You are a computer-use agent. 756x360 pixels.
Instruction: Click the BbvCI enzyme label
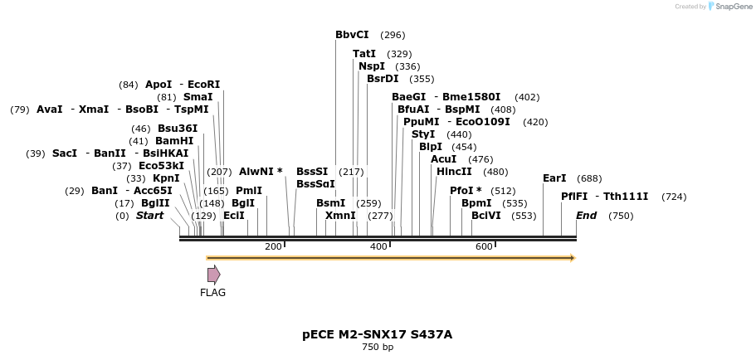pos(352,35)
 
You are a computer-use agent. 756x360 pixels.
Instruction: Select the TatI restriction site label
pos(364,54)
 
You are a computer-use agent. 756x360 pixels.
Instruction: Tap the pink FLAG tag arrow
pos(213,275)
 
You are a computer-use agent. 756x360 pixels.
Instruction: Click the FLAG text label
pos(212,293)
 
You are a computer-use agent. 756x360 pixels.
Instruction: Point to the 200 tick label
pos(273,246)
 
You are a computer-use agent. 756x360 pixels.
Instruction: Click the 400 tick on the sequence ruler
pos(390,244)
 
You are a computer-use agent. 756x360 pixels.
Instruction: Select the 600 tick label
pos(484,246)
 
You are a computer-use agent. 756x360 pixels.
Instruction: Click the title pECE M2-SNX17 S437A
pos(378,334)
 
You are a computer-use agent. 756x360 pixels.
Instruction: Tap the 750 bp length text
pos(378,347)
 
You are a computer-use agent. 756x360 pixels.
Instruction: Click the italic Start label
pos(149,216)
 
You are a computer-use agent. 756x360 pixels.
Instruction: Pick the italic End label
pos(586,216)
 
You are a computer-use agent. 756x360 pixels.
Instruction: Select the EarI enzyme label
pos(554,178)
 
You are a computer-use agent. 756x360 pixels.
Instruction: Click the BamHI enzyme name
pos(174,141)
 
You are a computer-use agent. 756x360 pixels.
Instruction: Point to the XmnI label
pos(340,216)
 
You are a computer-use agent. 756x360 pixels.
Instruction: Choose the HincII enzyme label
pos(454,172)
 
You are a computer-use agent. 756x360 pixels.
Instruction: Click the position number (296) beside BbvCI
pos(393,36)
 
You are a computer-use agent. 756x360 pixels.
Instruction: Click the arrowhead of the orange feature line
pos(573,258)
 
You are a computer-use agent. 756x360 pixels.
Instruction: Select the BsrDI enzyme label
pos(383,79)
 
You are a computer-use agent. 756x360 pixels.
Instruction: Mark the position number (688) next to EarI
pos(589,178)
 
